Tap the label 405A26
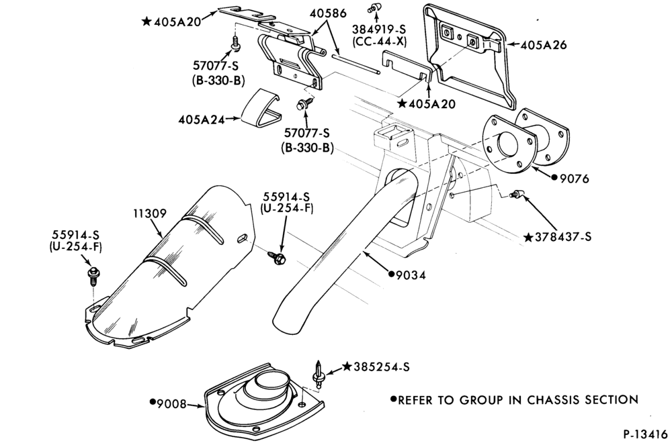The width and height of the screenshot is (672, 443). click(x=544, y=45)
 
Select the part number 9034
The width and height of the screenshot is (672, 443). click(x=411, y=275)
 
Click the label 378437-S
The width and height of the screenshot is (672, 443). click(x=562, y=237)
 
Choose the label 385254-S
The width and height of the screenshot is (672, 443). click(x=382, y=366)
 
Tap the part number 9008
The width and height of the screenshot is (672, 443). click(x=172, y=403)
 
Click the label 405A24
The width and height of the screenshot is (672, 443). click(x=202, y=120)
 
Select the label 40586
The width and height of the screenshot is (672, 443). click(x=328, y=13)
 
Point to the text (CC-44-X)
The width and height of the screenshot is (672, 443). click(x=379, y=42)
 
